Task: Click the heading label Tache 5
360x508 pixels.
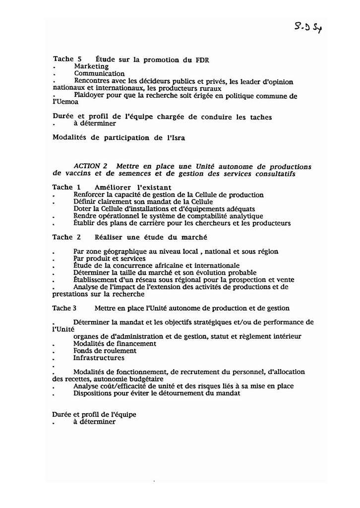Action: (x=66, y=60)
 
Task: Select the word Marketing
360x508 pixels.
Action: (x=91, y=66)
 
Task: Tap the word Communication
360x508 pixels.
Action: (x=99, y=73)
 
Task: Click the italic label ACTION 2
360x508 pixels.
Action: (x=90, y=166)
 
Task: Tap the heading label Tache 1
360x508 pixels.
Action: (x=66, y=188)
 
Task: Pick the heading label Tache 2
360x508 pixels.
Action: (x=66, y=237)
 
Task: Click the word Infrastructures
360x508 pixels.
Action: (x=99, y=358)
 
